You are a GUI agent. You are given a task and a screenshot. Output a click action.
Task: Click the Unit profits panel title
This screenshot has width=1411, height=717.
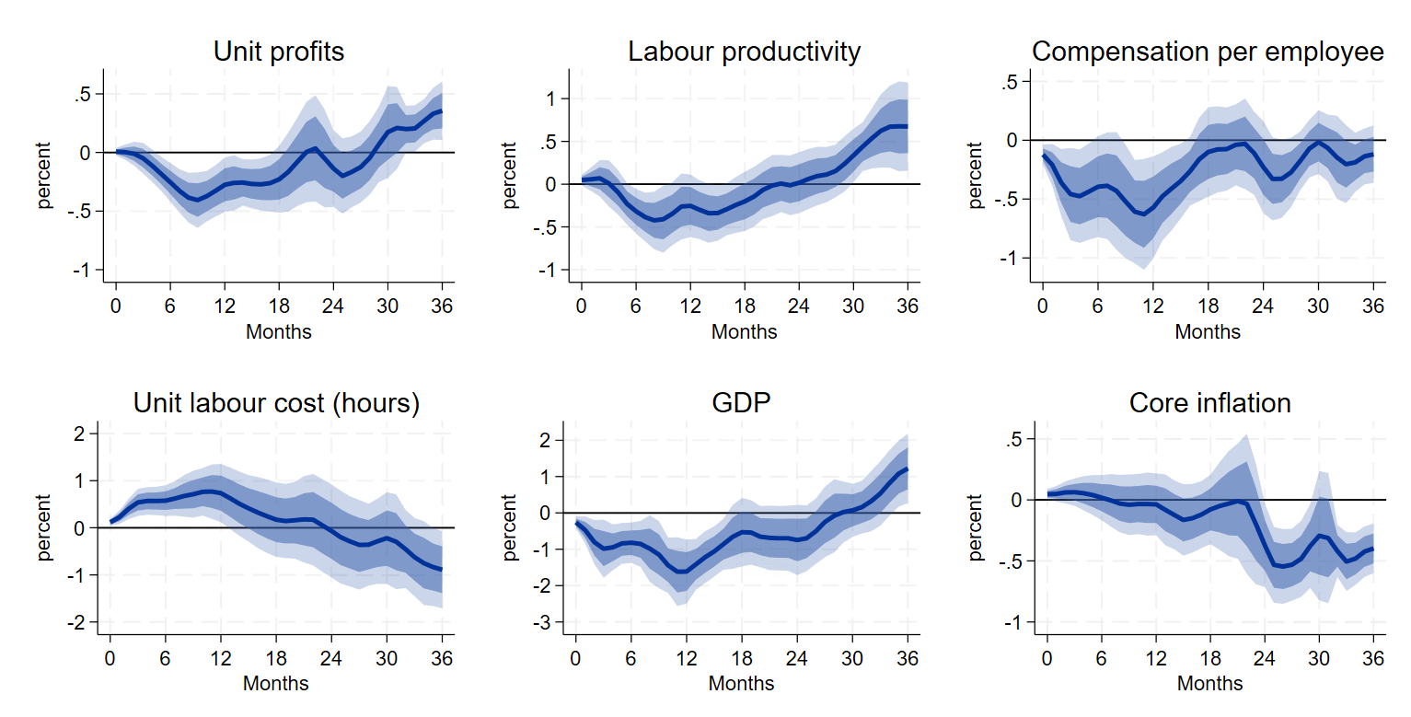[278, 52]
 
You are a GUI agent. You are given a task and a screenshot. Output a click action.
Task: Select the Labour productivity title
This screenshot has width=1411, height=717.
[744, 52]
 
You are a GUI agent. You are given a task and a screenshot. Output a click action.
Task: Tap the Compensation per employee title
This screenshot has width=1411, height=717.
[1208, 52]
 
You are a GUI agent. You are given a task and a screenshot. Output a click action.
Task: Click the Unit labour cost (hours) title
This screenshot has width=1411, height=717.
[276, 403]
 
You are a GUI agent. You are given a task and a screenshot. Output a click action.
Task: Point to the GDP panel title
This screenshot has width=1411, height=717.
[741, 403]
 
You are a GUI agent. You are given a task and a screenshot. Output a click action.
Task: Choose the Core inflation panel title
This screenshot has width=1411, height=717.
[1209, 403]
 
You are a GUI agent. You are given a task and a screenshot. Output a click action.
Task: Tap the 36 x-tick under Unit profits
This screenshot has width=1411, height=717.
[441, 305]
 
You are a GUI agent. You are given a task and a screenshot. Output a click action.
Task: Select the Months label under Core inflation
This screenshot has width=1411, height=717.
[1209, 684]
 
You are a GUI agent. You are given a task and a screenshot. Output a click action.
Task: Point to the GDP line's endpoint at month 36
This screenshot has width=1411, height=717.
[908, 469]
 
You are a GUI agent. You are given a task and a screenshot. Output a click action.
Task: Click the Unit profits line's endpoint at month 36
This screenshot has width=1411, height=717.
[441, 111]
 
